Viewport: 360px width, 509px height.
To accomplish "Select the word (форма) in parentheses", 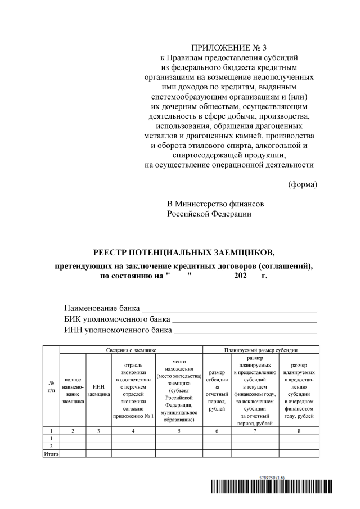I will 303,184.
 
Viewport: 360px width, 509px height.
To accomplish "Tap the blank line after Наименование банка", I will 229,308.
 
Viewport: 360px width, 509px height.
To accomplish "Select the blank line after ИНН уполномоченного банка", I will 245,330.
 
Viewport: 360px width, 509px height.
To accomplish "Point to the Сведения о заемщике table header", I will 131,349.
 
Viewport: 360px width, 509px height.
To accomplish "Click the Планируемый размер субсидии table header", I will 260,349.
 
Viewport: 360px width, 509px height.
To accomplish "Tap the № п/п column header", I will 51,386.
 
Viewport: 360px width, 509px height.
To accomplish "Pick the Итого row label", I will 51,453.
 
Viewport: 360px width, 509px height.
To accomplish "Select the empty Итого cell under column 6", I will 217,453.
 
